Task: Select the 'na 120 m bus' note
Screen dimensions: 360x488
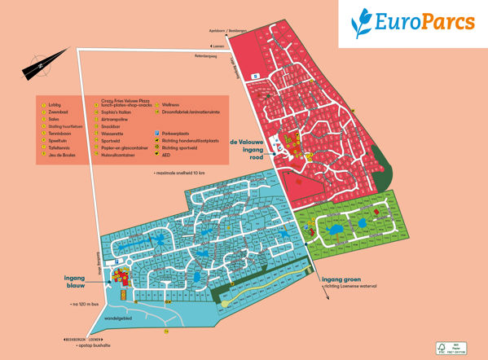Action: tap(87, 304)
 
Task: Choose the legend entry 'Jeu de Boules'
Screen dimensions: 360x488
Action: tap(63, 155)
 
